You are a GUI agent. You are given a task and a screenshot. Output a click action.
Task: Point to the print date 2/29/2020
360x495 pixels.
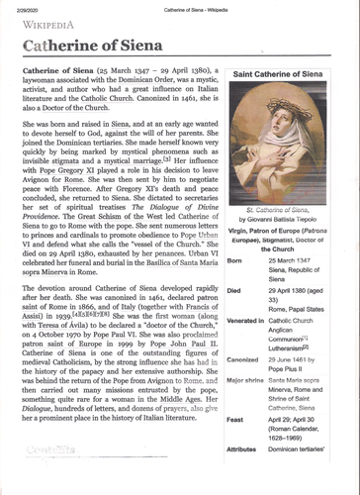pyautogui.click(x=27, y=9)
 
